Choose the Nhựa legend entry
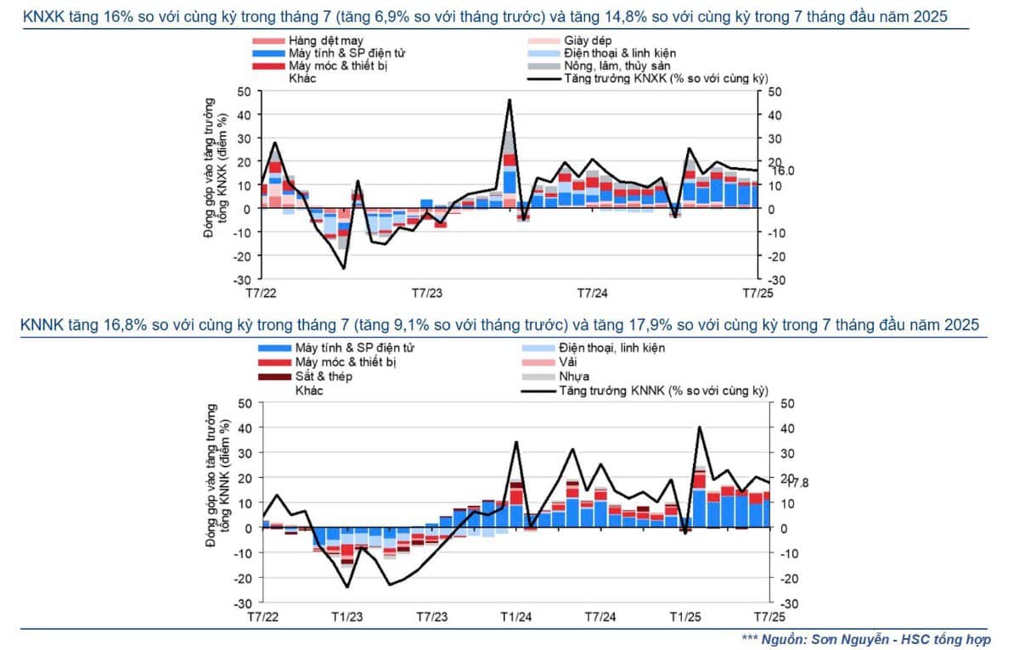pyautogui.click(x=575, y=376)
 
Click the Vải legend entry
pyautogui.click(x=569, y=362)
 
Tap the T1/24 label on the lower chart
pyautogui.click(x=516, y=616)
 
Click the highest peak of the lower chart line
pyautogui.click(x=699, y=427)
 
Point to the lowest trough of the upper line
pyautogui.click(x=344, y=268)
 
